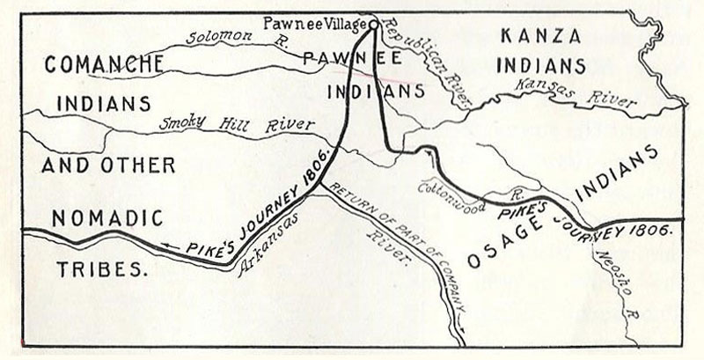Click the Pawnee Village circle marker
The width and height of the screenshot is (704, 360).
tap(373, 25)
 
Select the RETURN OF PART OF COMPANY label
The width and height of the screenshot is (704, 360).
tap(397, 250)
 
